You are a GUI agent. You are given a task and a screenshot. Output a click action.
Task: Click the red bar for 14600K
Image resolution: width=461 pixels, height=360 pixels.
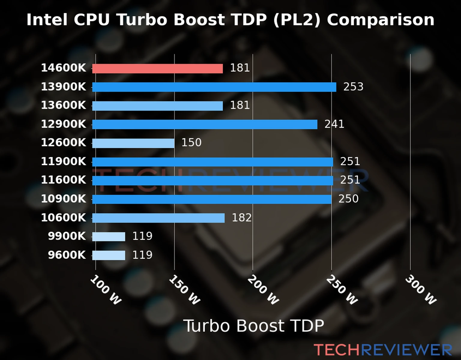click(157, 68)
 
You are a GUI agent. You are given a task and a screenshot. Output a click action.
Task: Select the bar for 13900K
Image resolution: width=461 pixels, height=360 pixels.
click(214, 87)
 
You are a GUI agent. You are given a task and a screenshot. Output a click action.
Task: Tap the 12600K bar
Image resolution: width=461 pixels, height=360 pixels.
click(133, 143)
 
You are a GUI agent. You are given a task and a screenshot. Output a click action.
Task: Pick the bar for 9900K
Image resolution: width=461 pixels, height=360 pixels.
click(109, 237)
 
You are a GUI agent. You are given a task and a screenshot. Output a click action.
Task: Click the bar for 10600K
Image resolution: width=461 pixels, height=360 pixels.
click(158, 218)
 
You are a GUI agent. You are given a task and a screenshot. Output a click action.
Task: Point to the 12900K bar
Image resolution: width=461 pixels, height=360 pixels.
click(205, 124)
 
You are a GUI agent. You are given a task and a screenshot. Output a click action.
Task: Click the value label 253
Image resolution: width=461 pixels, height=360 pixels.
click(353, 87)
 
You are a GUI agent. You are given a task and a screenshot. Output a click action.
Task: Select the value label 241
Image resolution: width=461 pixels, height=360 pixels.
click(334, 124)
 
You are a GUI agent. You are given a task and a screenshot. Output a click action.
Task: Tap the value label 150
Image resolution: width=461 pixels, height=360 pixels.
click(191, 142)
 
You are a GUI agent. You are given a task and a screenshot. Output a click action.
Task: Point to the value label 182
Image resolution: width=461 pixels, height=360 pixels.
click(242, 217)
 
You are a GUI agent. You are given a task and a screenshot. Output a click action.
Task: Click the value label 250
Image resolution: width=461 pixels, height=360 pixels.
click(348, 199)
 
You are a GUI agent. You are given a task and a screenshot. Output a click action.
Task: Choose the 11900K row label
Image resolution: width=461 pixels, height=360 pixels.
click(63, 161)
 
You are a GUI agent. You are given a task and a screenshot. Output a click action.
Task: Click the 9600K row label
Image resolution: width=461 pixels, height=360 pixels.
click(67, 255)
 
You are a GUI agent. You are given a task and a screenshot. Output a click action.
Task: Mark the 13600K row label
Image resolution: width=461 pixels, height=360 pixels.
click(63, 105)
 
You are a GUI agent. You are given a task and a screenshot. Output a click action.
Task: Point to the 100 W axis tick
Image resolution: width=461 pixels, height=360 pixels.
click(106, 290)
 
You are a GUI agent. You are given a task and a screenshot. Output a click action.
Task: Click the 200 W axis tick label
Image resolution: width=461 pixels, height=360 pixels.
click(263, 290)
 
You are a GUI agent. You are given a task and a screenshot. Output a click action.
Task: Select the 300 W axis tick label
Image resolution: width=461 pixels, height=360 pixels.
click(420, 290)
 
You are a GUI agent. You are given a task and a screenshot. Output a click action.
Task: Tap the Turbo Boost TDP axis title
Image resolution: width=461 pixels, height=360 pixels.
click(254, 326)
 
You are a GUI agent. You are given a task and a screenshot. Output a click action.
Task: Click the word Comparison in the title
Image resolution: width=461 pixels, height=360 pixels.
click(380, 20)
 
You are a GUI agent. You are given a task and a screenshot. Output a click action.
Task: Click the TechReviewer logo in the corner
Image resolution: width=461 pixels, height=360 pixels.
click(383, 350)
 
